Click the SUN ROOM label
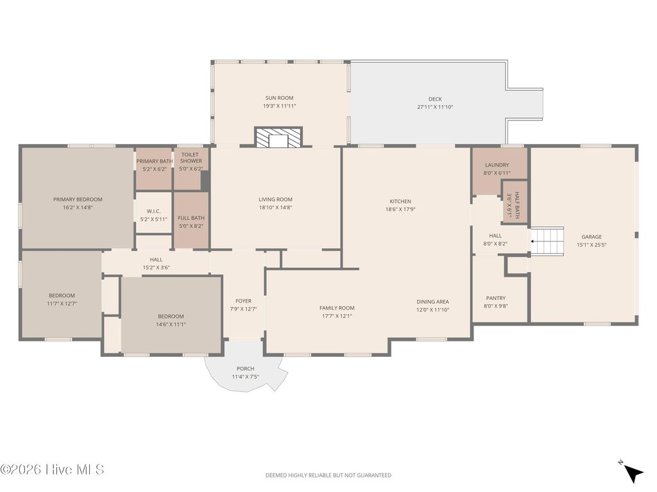pyautogui.click(x=279, y=98)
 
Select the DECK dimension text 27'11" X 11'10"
pyautogui.click(x=435, y=107)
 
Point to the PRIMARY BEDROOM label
pyautogui.click(x=78, y=199)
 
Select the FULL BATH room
pyautogui.click(x=191, y=221)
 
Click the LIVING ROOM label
pyautogui.click(x=275, y=199)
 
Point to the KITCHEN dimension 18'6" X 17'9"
pyautogui.click(x=400, y=209)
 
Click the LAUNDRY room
pyautogui.click(x=497, y=169)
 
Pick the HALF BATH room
pyautogui.click(x=514, y=202)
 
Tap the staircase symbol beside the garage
pyautogui.click(x=547, y=241)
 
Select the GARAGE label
pyautogui.click(x=592, y=236)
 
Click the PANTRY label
pyautogui.click(x=495, y=298)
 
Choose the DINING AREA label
pyautogui.click(x=432, y=302)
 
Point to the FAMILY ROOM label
pyautogui.click(x=337, y=308)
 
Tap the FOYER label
pyautogui.click(x=243, y=301)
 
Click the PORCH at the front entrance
pyautogui.click(x=245, y=372)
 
